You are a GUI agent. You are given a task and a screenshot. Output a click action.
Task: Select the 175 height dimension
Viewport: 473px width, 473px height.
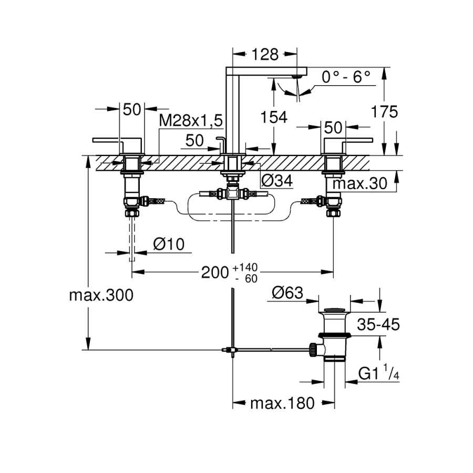(384, 111)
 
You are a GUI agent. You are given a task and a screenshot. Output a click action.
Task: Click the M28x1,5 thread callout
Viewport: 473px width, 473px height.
(191, 121)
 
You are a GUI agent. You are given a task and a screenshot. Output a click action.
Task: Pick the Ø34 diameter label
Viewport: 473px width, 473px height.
(276, 181)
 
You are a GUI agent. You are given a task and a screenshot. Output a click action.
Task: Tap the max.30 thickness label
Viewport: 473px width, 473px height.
(360, 183)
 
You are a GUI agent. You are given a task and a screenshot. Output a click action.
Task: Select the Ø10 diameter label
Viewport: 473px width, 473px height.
(168, 244)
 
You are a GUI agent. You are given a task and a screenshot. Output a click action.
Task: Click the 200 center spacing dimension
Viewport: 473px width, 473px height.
(215, 272)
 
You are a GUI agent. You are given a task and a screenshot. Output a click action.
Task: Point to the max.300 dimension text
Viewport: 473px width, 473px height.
(101, 295)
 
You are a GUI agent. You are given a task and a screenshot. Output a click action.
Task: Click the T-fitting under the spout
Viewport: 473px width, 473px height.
(232, 193)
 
